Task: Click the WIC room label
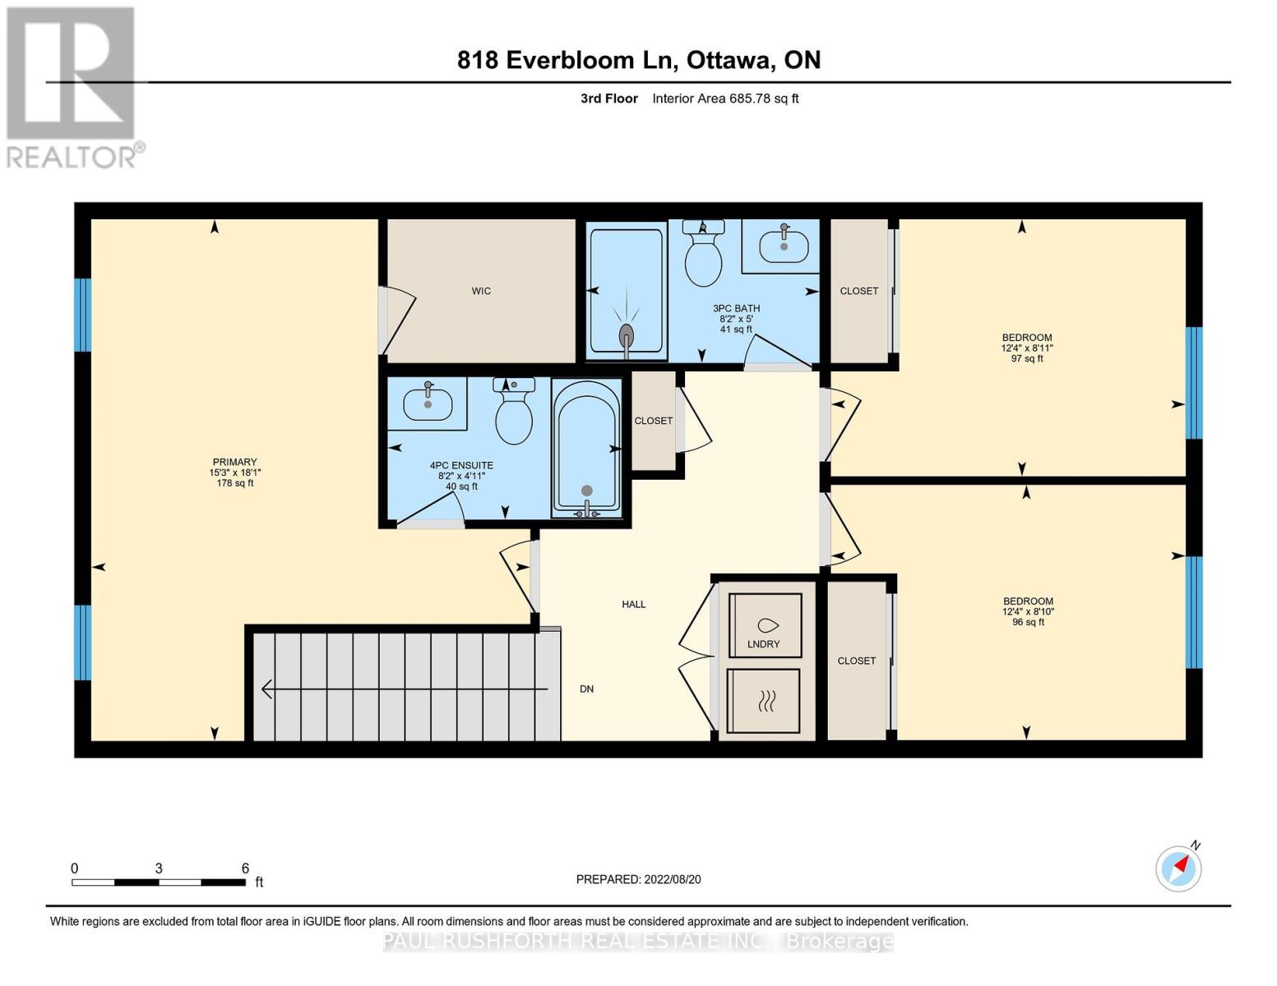tap(481, 291)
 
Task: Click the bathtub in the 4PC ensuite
tap(586, 448)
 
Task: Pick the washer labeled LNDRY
tap(765, 625)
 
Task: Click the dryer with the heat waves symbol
tap(764, 701)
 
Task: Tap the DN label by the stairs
tap(586, 689)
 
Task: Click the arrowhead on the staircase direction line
tap(266, 689)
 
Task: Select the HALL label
tap(633, 605)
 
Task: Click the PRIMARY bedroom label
tap(234, 462)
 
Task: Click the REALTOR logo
tap(72, 87)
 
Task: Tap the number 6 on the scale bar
tap(245, 869)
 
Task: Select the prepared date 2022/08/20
tap(672, 879)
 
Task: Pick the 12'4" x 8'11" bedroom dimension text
tap(1026, 348)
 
